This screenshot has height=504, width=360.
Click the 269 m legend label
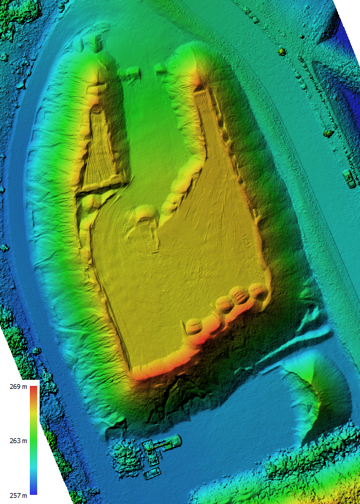coord(17,387)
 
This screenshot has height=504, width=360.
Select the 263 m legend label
coord(17,441)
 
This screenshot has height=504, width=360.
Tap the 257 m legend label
coord(17,496)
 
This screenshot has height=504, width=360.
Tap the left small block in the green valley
coord(130,74)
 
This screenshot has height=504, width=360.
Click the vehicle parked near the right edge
coord(349,178)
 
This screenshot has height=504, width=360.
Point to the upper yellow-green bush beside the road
coord(281,52)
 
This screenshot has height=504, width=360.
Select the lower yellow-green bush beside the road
coord(328,131)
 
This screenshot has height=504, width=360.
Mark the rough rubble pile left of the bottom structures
coord(127,457)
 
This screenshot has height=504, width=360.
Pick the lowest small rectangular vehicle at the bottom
coord(152,473)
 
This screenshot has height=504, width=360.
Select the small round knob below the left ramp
coord(89,201)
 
